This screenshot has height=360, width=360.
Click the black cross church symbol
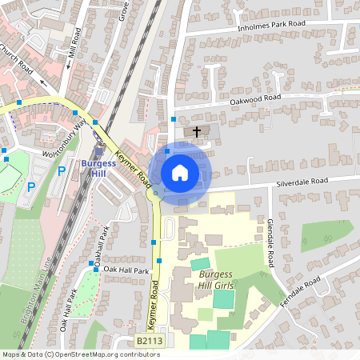click(x=197, y=130)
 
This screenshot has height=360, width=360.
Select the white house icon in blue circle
click(x=180, y=171)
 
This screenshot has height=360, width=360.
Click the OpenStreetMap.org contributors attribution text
click(x=94, y=354)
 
